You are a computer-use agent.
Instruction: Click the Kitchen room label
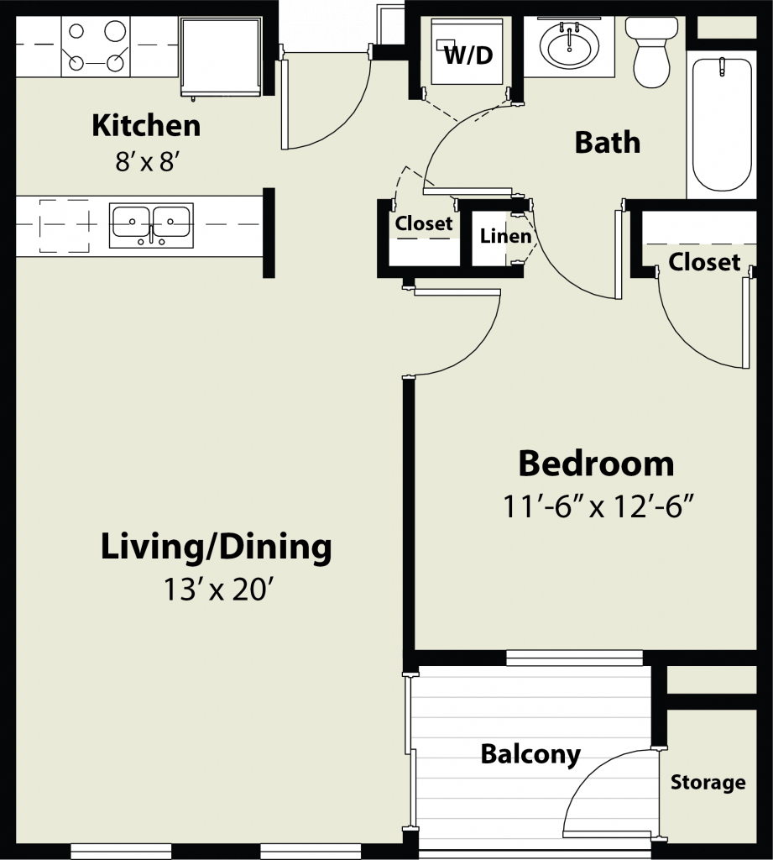(146, 126)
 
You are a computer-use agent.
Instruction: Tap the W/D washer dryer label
(468, 55)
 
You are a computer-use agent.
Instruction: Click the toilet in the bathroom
(652, 52)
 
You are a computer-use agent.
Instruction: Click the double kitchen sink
(151, 225)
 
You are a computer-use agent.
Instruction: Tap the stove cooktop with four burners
(96, 46)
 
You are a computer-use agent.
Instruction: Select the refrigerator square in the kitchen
(221, 57)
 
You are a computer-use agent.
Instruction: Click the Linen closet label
(505, 236)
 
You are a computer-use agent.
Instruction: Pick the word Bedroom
(597, 464)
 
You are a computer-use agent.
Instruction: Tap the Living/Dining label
(216, 548)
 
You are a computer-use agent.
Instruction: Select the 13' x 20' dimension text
(218, 590)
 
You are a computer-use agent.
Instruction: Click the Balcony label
(530, 754)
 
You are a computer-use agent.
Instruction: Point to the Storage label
(708, 782)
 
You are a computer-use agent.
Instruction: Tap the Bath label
(608, 143)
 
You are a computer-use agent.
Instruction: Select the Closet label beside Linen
(424, 223)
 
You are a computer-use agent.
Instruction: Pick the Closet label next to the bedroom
(704, 262)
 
